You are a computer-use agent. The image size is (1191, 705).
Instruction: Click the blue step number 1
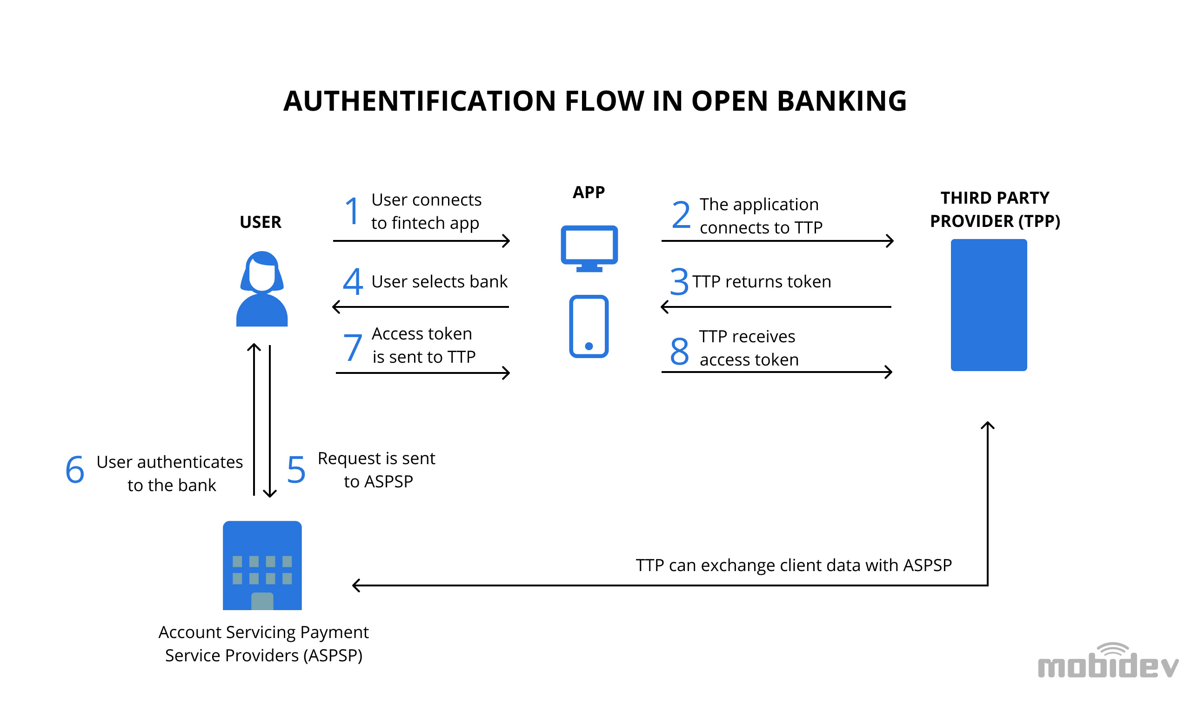(x=352, y=211)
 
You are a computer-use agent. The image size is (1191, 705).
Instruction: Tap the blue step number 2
(x=681, y=214)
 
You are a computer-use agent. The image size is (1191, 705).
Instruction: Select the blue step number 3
(x=679, y=281)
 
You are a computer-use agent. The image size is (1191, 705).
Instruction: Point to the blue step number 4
(x=353, y=281)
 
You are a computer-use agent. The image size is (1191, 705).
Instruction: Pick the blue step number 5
(x=296, y=469)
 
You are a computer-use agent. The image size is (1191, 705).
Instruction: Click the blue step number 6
(x=75, y=469)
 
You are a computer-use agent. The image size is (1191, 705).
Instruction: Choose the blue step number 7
(x=353, y=347)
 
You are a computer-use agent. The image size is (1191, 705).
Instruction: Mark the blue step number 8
(x=680, y=351)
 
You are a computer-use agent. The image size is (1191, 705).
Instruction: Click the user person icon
(x=262, y=289)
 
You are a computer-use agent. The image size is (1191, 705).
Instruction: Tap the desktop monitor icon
(x=589, y=248)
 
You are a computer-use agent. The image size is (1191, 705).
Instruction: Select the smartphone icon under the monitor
(x=589, y=326)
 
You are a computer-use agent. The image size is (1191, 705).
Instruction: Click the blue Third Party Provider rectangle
(x=989, y=305)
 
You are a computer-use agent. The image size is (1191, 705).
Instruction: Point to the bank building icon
(x=262, y=565)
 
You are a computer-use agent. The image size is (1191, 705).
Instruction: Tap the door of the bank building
(x=262, y=601)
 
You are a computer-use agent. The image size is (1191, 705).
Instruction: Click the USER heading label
(x=261, y=222)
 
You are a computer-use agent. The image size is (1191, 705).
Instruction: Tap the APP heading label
(x=589, y=193)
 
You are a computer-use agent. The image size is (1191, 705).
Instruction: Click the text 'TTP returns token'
(x=762, y=282)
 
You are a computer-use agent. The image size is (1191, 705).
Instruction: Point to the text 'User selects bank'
(x=440, y=282)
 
